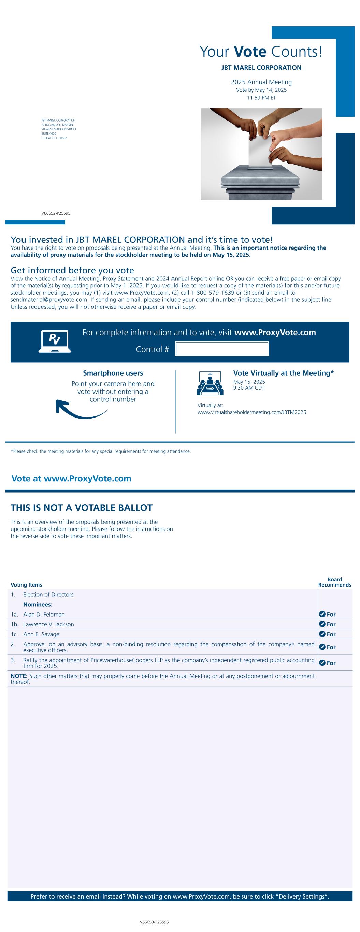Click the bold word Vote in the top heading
coord(250,52)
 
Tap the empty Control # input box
coord(221,349)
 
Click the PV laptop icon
coord(55,341)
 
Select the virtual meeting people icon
coord(210,383)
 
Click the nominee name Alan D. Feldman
coord(44,615)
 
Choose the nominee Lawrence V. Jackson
coord(48,624)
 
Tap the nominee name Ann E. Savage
coord(41,634)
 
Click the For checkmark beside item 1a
coord(322,615)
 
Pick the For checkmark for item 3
coord(322,663)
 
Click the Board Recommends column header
coord(335,582)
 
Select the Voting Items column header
coord(26,585)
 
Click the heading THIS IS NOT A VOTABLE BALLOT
coord(82,508)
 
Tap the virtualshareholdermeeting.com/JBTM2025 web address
coord(252,412)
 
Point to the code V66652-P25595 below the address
coord(56,213)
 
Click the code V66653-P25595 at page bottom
coord(154,922)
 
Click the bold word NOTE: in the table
coord(19,676)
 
